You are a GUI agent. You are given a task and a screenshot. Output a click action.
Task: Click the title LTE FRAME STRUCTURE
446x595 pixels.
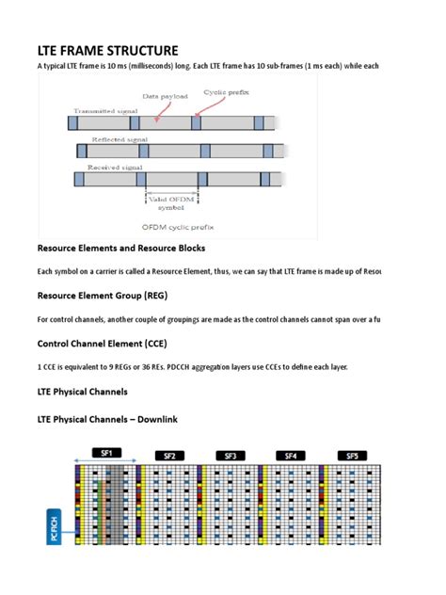[107, 50]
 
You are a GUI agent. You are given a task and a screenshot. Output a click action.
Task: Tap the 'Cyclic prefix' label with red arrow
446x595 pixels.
[223, 93]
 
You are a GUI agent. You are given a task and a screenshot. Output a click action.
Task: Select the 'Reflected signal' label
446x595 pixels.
[114, 138]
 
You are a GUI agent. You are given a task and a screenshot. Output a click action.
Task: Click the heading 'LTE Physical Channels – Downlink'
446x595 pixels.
[113, 418]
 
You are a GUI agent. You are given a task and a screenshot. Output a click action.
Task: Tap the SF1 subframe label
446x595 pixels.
[105, 452]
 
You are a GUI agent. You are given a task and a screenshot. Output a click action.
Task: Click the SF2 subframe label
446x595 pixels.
[168, 455]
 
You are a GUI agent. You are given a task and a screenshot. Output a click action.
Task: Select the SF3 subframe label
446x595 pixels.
[230, 455]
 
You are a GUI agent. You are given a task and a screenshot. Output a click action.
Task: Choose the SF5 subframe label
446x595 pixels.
[351, 455]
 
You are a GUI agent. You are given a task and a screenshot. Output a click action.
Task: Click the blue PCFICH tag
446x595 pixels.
[54, 528]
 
